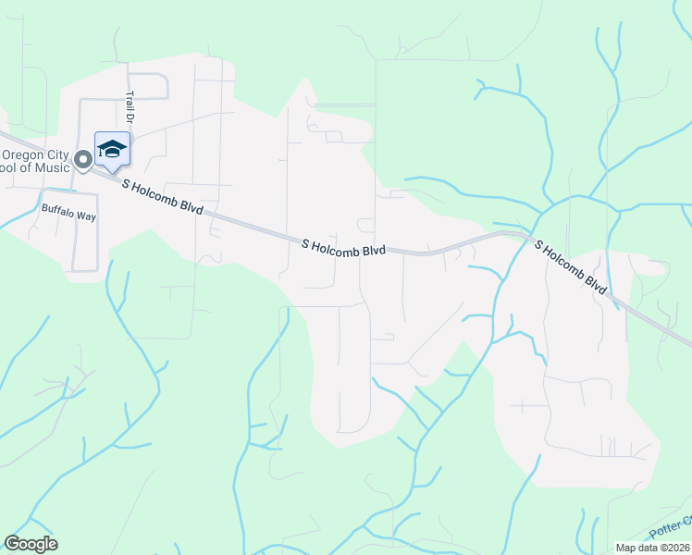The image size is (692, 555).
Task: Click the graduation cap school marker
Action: tap(112, 149)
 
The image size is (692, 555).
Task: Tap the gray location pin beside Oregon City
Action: tap(82, 161)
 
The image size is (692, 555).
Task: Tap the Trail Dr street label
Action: tap(130, 106)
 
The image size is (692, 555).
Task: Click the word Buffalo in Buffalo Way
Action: tap(57, 209)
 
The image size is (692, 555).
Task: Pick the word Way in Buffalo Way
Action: tap(85, 209)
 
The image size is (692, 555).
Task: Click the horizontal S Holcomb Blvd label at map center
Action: tap(343, 248)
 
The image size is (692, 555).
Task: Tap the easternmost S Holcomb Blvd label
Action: tap(570, 267)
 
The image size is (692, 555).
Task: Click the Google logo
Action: tap(31, 544)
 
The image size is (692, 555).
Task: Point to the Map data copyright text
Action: tap(652, 548)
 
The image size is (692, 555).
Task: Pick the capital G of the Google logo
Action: tap(12, 544)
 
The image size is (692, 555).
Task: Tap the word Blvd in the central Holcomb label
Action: tap(372, 250)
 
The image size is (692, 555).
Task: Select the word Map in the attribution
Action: tap(625, 548)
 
